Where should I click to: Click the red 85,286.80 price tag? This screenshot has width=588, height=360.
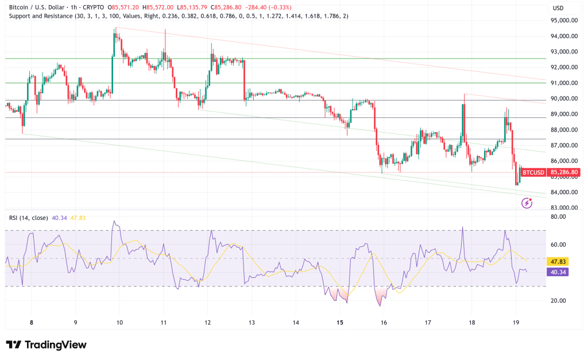563,172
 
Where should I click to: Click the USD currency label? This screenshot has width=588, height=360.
558,8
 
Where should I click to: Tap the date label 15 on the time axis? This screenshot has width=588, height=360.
340,323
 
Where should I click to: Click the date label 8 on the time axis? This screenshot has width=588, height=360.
31,323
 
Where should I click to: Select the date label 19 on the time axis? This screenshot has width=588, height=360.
516,323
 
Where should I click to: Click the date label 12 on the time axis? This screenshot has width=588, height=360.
207,323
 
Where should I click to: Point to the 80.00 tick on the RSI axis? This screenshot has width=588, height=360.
559,217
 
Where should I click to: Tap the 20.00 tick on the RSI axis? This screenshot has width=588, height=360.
559,300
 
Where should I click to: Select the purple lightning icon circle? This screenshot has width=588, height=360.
527,203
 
